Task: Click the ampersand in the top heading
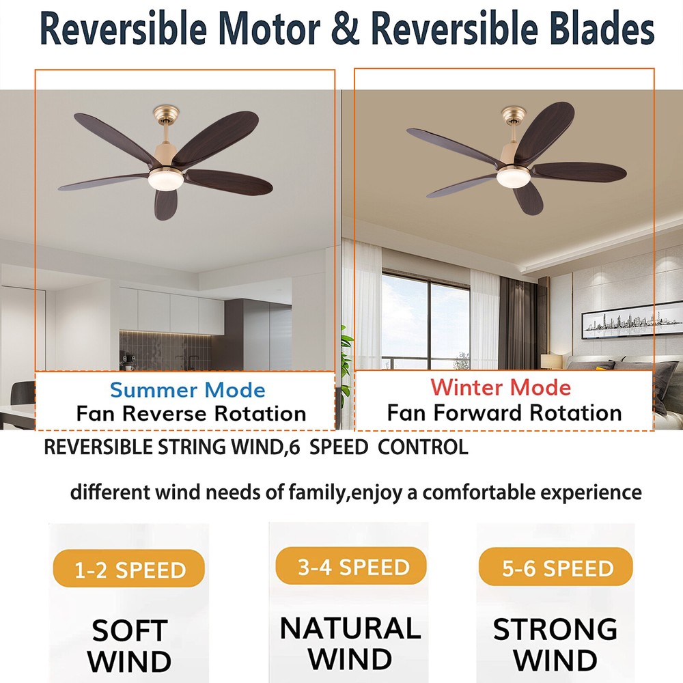(346, 29)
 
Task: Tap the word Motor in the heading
(268, 29)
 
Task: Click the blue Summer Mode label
(187, 390)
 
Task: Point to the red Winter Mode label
(501, 387)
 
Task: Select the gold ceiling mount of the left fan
(166, 114)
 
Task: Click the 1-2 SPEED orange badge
(129, 568)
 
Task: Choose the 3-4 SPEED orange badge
(351, 566)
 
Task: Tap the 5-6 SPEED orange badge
(556, 567)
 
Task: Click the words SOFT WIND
(129, 646)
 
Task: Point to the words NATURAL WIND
(350, 643)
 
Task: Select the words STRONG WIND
(555, 645)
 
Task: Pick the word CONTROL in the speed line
(423, 447)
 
